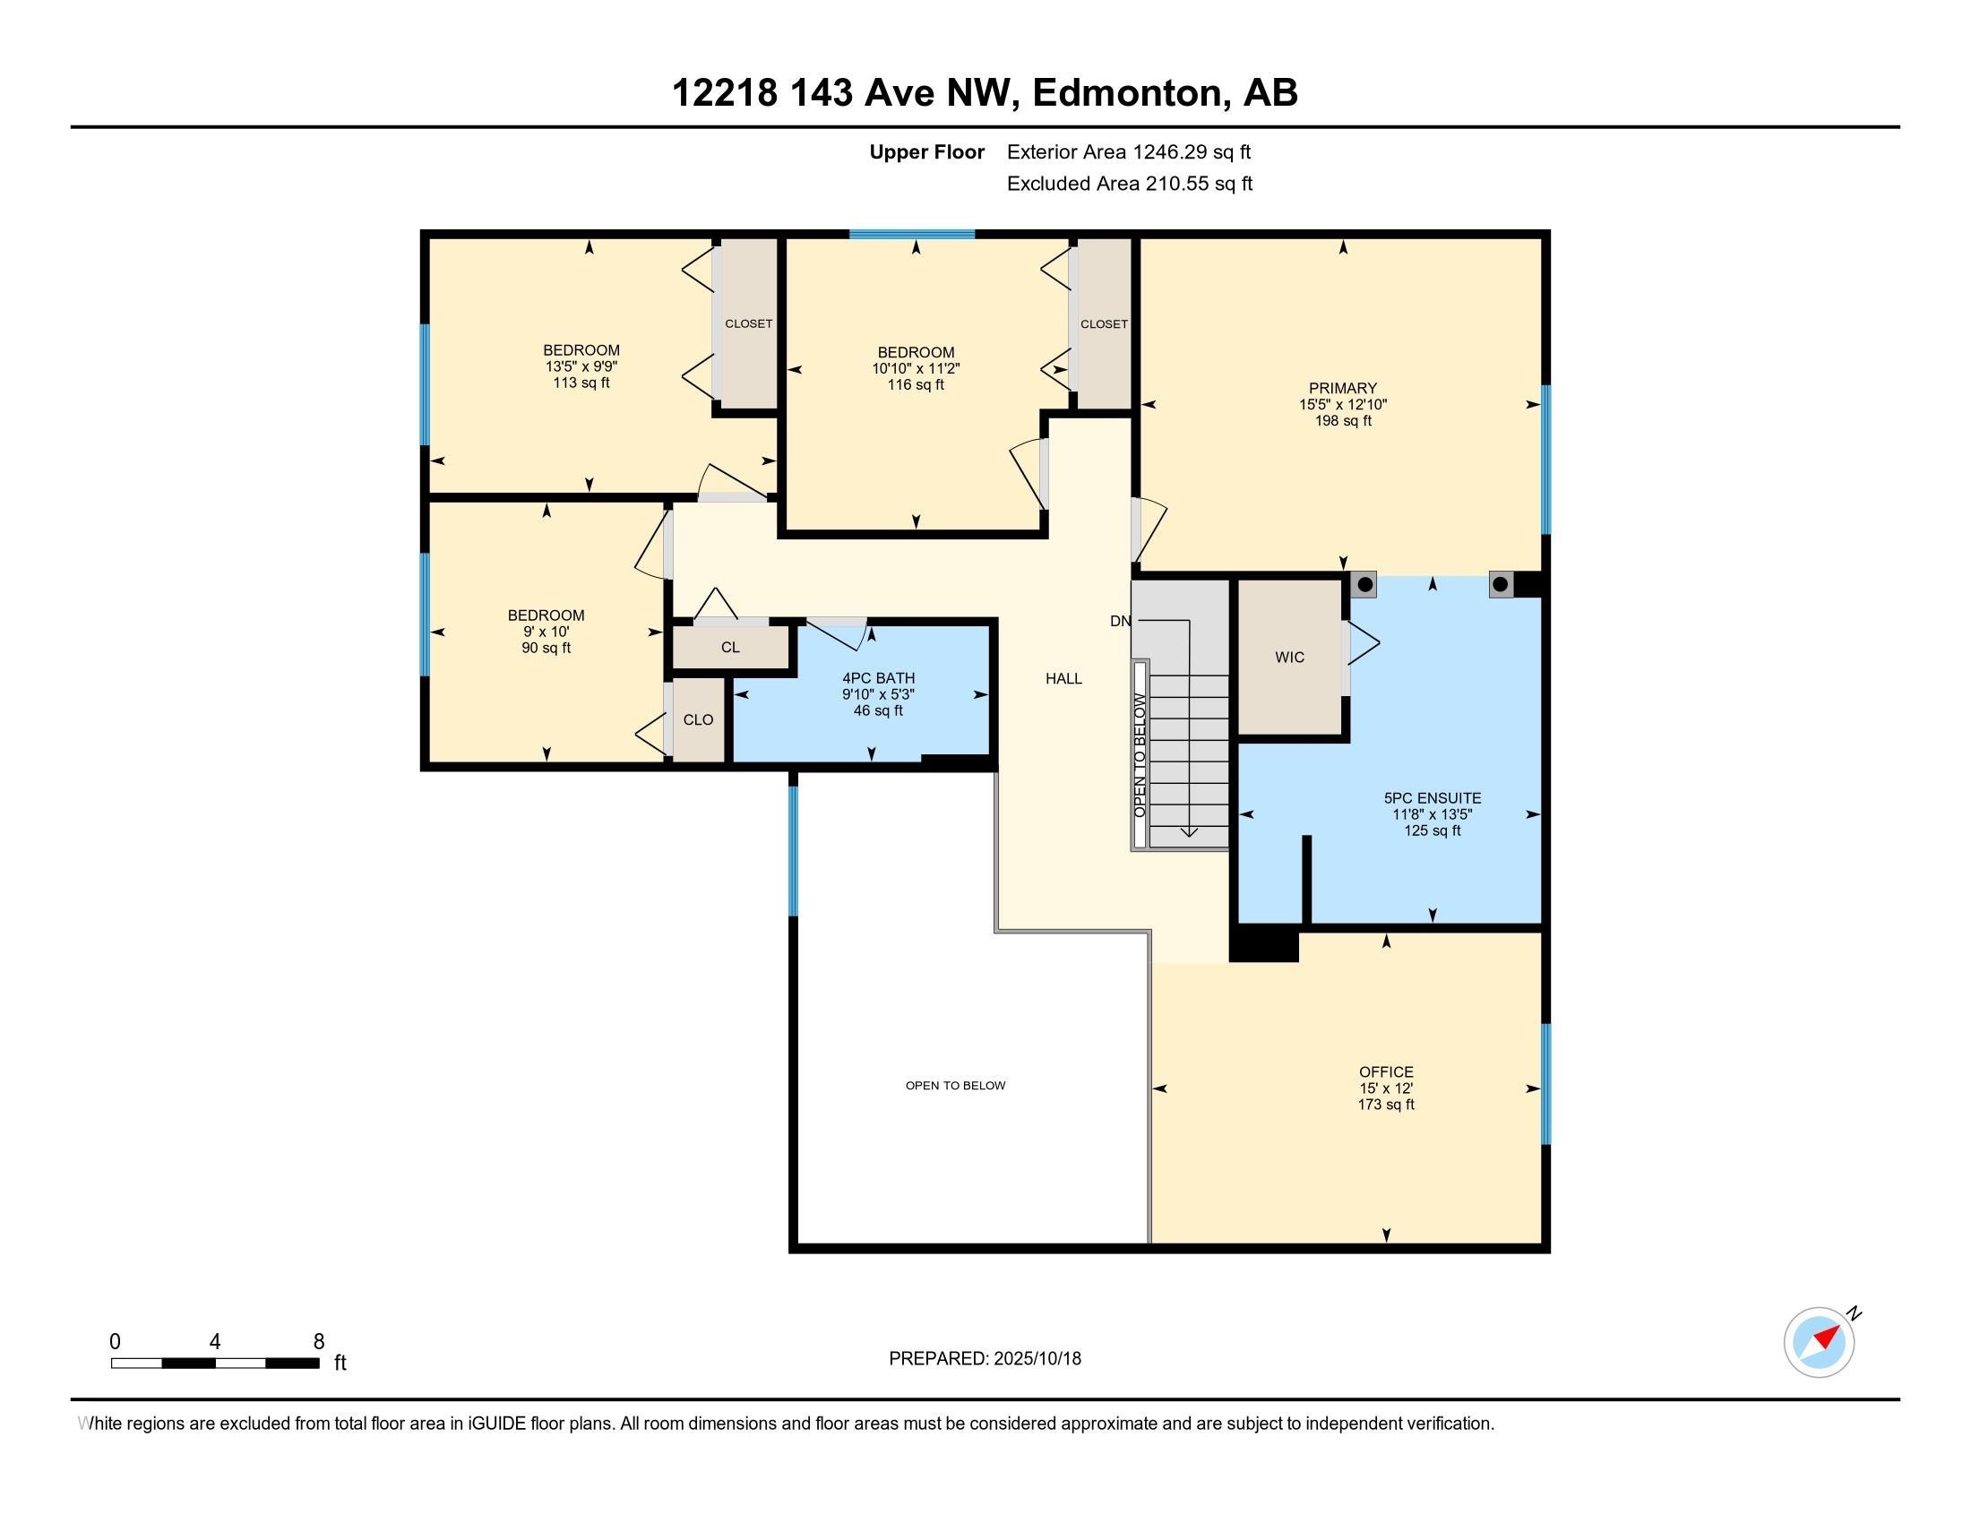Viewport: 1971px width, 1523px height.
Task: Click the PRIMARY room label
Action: tap(1343, 389)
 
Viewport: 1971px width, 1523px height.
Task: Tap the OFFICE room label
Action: tap(1386, 1071)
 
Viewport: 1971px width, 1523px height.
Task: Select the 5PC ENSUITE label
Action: tap(1433, 797)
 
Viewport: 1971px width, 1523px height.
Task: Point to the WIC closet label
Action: tap(1289, 657)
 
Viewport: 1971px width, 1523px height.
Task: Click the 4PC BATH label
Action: tap(878, 677)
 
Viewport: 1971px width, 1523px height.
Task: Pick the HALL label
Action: tap(1064, 678)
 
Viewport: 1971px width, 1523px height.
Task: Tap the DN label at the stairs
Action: tap(1120, 621)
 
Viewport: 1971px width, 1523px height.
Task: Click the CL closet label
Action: tap(730, 647)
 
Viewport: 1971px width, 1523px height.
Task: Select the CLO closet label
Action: tap(699, 719)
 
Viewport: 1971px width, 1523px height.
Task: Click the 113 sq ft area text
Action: tap(581, 383)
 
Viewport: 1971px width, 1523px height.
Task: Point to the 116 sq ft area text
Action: tap(916, 384)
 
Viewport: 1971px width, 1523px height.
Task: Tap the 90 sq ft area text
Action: tap(546, 648)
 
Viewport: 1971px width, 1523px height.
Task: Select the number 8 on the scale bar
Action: tap(319, 1342)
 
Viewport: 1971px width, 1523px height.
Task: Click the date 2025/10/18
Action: tap(1037, 1359)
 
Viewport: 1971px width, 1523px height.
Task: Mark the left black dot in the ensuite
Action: tap(1365, 585)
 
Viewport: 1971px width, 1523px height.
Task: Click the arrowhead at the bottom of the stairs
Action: tap(1189, 832)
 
